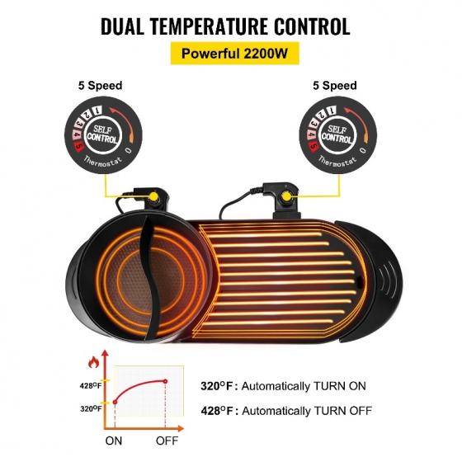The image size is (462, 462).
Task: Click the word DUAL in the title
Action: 123,26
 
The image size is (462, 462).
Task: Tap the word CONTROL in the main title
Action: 313,26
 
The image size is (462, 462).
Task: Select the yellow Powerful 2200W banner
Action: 235,54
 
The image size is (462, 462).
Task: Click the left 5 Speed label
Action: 100,86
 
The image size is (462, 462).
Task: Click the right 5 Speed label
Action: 335,86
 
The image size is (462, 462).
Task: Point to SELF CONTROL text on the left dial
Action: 102,134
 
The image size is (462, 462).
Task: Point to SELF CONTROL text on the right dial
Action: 337,134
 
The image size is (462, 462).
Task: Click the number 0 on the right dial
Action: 363,150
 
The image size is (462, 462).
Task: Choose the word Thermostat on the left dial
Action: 102,162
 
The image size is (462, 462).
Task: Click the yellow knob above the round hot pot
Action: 153,196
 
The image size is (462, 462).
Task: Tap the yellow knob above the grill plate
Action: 286,196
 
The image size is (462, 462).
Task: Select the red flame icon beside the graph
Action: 94,362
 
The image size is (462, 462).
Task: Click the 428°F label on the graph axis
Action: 91,385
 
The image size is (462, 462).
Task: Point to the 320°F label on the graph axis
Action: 91,408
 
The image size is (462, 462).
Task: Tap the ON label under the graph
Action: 114,441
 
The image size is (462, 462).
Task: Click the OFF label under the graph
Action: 167,441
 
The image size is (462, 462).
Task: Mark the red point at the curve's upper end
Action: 165,381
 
